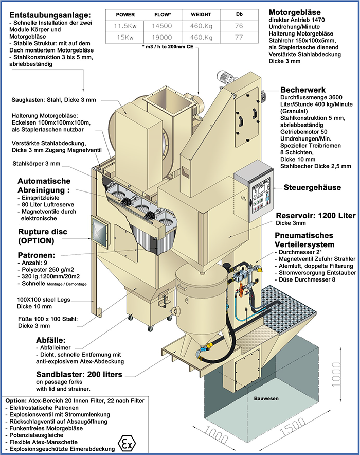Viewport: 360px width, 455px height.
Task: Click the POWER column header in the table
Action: click(125, 15)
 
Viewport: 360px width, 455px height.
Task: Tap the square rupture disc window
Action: click(99, 232)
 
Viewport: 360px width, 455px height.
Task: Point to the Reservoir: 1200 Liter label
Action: click(315, 216)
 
